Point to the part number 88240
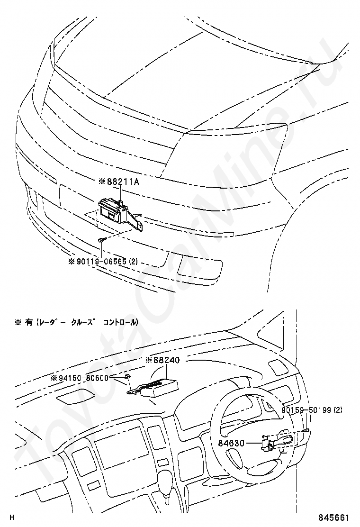tap(166, 360)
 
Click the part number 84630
tap(231, 444)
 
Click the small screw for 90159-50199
tap(307, 430)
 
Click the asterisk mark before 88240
tap(148, 360)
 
